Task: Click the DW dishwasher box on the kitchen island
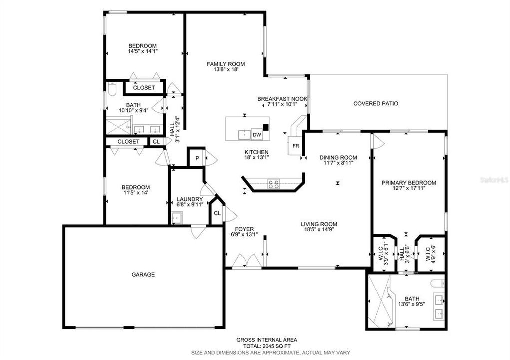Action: (x=257, y=135)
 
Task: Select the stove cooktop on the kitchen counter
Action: (x=274, y=184)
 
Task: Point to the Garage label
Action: (x=143, y=274)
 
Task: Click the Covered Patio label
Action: (x=376, y=104)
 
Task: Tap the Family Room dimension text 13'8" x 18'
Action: (x=226, y=70)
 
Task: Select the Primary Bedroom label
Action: (x=409, y=183)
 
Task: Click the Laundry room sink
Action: (x=176, y=217)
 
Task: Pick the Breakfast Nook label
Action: (x=282, y=99)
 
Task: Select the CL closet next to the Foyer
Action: (x=217, y=213)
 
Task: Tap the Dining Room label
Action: (x=338, y=158)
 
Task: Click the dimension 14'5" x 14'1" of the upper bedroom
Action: (x=142, y=51)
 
